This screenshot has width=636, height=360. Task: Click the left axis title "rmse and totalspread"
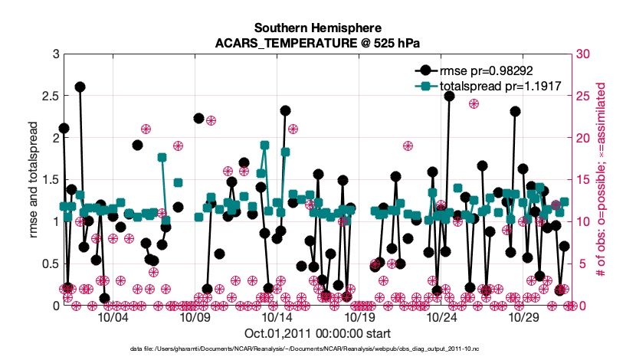coord(33,181)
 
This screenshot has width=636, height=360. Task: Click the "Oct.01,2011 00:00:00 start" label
coord(317,333)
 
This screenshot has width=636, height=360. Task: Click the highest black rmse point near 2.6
coord(80,87)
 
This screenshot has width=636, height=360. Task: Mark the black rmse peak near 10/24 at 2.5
coord(449,96)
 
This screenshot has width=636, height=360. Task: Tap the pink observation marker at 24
coord(474,104)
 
